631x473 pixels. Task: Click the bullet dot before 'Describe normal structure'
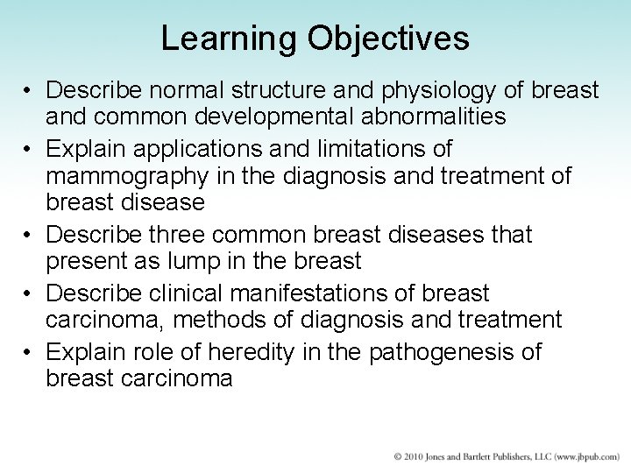tap(29, 91)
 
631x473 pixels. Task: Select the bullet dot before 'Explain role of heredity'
tap(29, 353)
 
